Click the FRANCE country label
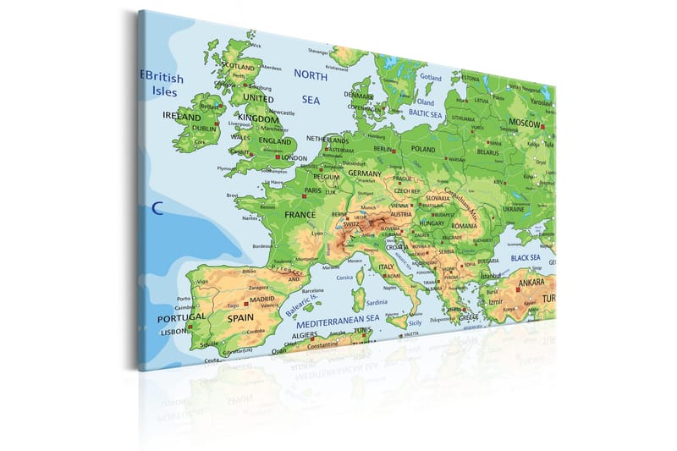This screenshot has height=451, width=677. click(x=300, y=216)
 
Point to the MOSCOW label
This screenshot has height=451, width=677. click(x=526, y=124)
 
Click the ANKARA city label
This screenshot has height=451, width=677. click(x=532, y=282)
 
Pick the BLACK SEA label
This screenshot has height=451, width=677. click(x=525, y=257)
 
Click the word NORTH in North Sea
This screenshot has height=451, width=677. click(x=310, y=74)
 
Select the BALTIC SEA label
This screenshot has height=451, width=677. click(x=426, y=113)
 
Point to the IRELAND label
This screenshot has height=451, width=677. click(x=182, y=116)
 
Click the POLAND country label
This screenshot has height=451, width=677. click(x=422, y=149)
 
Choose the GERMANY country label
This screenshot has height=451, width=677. click(x=365, y=173)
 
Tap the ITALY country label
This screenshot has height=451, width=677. click(x=387, y=267)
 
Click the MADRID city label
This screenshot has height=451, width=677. click(x=262, y=299)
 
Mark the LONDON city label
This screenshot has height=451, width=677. click(x=294, y=157)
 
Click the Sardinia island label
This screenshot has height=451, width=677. click(x=377, y=302)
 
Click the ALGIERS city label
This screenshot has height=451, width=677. click(x=304, y=335)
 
